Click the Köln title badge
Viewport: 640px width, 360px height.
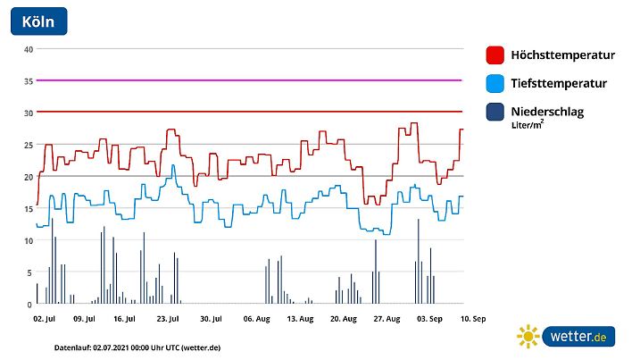38,21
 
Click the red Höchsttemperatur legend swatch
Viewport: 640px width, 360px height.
495,55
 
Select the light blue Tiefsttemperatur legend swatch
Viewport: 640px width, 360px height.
495,84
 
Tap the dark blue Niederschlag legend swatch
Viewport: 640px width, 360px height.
495,113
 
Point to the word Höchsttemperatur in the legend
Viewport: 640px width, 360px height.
562,55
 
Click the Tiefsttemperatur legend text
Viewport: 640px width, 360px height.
559,84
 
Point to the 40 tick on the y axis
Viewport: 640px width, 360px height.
29,49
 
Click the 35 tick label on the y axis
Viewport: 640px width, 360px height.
29,81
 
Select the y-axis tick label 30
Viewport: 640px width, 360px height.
29,113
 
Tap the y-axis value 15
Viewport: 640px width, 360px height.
29,209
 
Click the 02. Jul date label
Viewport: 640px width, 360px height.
45,318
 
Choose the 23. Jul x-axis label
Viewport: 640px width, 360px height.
167,318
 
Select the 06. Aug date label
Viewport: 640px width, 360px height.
256,318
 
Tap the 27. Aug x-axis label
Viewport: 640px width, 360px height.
386,318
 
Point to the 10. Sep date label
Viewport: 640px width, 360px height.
473,318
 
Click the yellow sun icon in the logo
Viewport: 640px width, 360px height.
528,337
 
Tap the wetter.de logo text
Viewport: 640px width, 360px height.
578,337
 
